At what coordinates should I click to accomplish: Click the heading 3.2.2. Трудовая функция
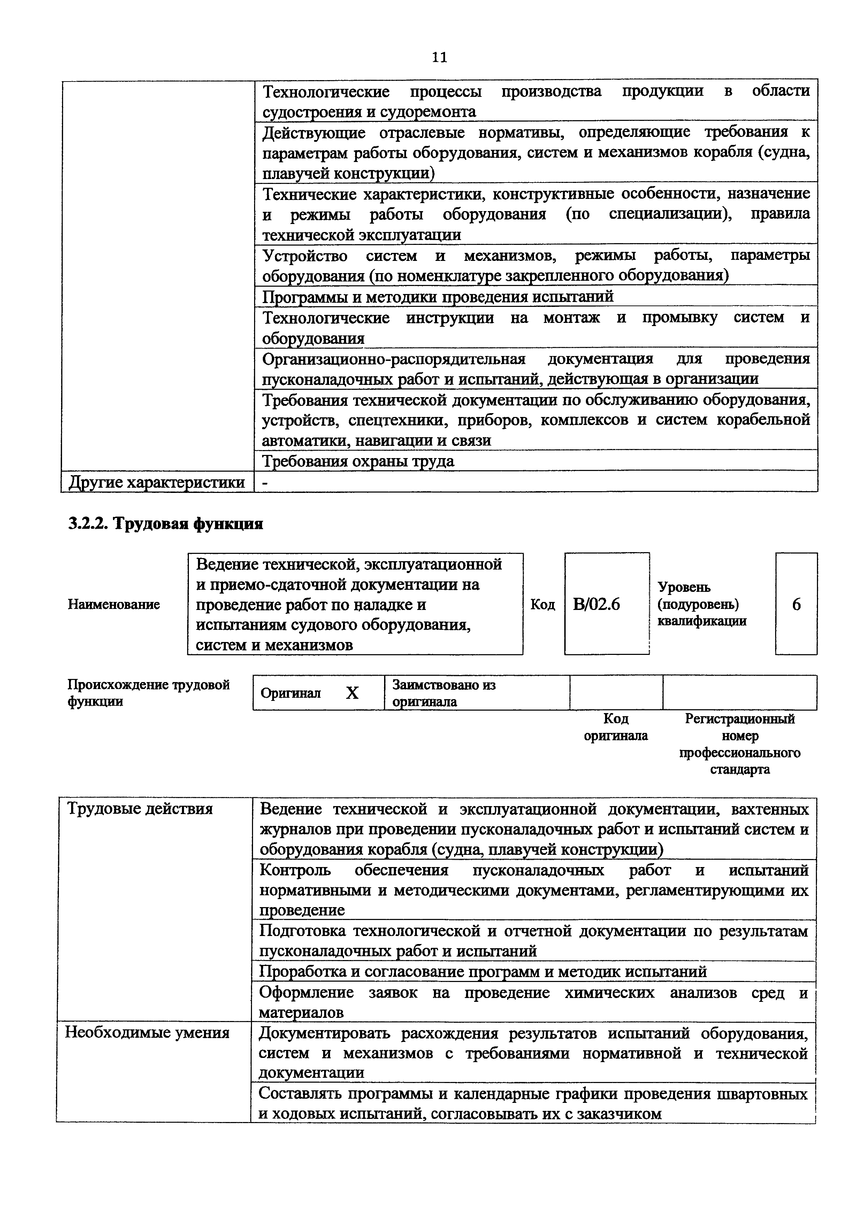point(166,524)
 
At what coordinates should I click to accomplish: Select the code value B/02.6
point(596,605)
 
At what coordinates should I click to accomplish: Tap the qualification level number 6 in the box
point(796,605)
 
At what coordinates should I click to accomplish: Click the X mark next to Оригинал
point(352,693)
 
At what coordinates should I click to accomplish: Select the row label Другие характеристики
point(156,482)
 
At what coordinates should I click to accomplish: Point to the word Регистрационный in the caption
point(740,719)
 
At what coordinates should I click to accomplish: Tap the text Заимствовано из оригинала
point(443,693)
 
